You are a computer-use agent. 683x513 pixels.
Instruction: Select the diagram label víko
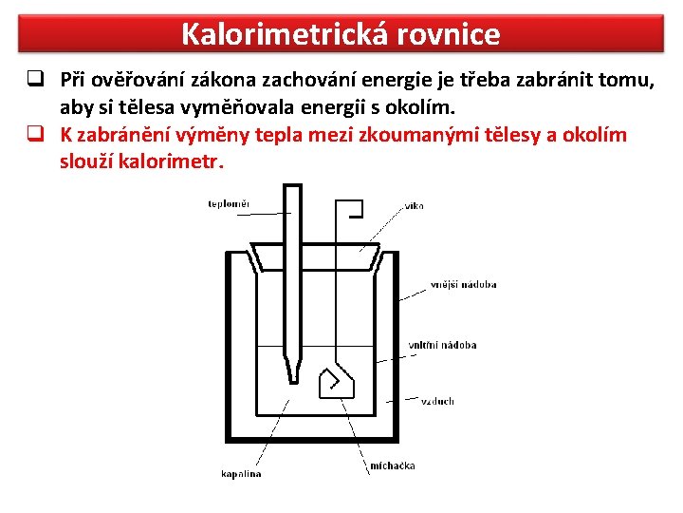(415, 205)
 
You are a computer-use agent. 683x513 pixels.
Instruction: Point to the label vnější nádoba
(463, 284)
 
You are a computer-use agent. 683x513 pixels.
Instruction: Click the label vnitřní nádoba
(442, 345)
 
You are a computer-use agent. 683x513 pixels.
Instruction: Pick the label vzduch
(437, 401)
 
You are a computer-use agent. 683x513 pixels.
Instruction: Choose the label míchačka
(392, 465)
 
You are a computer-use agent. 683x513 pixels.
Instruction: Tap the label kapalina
(241, 473)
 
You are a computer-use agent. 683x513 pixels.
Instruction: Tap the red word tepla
(280, 134)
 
